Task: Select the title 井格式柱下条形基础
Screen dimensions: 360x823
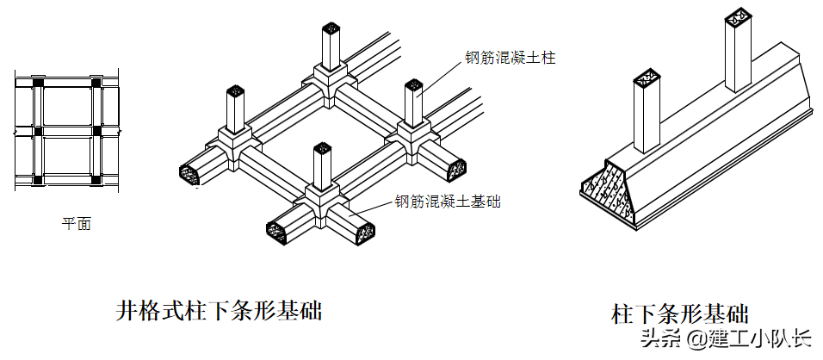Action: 219,310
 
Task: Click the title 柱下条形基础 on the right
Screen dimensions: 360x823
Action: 680,313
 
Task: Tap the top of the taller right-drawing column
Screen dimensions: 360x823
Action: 739,16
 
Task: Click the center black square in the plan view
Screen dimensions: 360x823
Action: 38,131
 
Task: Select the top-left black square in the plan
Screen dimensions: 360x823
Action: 38,83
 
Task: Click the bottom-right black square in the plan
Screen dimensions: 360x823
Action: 96,180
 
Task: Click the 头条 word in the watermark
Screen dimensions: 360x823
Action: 654,338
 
